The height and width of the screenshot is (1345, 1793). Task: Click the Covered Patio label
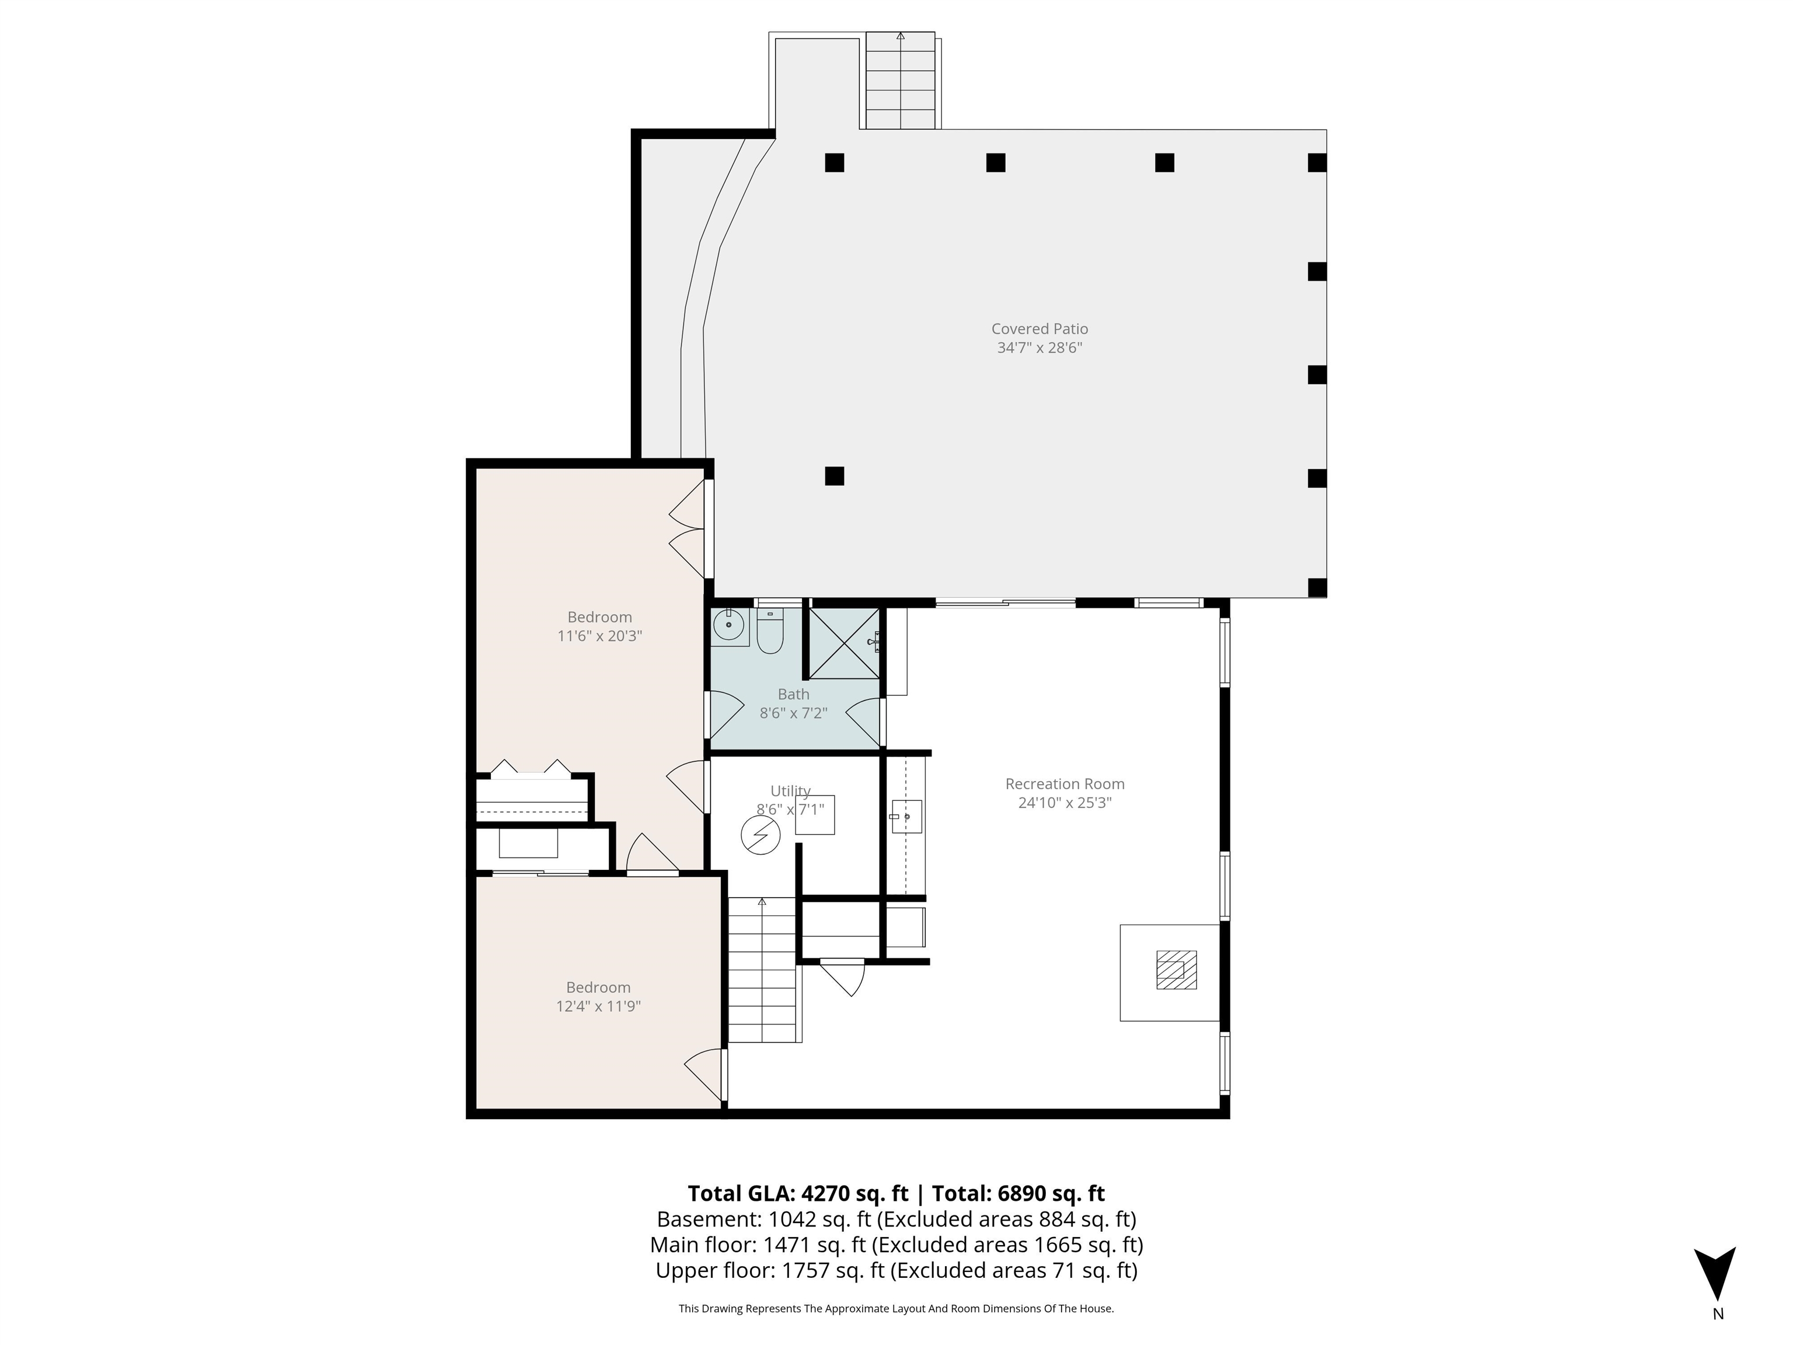1039,329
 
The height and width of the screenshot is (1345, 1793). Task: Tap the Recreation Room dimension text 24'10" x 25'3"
1064,803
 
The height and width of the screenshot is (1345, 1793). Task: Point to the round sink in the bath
729,625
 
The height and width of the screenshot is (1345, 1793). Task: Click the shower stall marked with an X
844,643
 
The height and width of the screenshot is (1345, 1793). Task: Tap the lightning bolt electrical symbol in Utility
761,835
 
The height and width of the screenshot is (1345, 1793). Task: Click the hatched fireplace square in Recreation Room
1175,970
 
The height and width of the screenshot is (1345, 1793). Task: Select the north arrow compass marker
1714,1274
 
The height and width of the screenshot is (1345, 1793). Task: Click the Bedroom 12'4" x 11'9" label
598,996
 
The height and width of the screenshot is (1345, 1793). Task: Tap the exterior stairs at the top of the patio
900,81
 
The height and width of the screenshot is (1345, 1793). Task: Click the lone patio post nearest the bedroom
834,476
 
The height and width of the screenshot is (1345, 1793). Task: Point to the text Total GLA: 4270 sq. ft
798,1193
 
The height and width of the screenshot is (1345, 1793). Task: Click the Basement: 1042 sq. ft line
896,1219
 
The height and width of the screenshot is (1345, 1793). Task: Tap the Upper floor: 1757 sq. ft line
896,1270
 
